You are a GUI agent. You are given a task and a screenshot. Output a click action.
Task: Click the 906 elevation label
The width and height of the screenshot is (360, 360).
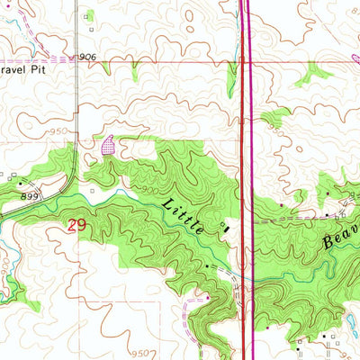point(87,57)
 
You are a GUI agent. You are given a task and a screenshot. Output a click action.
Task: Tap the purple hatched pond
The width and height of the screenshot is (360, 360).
point(110,144)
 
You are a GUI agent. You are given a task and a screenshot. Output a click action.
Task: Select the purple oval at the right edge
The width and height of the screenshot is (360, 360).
point(355,59)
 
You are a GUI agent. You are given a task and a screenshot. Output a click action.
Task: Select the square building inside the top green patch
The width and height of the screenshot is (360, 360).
point(89,14)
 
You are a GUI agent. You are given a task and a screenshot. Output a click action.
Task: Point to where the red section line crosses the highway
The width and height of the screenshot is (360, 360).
point(244,62)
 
